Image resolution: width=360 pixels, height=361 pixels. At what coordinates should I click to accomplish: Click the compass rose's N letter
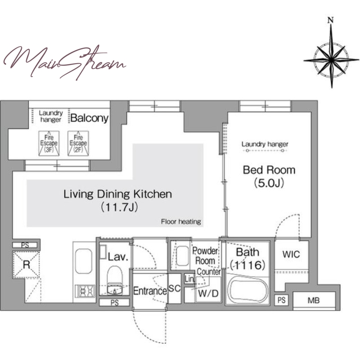click(331, 20)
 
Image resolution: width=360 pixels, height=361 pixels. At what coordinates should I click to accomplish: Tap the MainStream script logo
click(65, 62)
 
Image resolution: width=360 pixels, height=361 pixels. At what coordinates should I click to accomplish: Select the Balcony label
click(89, 118)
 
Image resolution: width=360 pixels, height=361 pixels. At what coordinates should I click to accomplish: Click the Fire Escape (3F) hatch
click(49, 143)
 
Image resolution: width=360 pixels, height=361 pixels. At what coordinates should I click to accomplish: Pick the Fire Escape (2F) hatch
click(78, 143)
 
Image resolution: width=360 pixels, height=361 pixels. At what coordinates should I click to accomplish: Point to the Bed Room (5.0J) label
click(269, 176)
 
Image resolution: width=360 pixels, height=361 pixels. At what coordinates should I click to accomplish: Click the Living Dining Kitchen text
click(118, 194)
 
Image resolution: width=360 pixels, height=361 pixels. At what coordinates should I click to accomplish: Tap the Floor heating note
click(181, 222)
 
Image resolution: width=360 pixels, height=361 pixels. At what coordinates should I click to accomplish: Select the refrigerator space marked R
click(26, 265)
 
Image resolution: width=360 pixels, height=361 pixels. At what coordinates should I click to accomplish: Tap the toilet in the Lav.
click(115, 280)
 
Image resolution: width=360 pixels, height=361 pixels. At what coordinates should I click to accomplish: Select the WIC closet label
click(291, 255)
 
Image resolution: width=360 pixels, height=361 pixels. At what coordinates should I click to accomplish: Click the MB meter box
click(314, 301)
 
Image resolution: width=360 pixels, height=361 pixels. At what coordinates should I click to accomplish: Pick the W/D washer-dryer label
click(208, 293)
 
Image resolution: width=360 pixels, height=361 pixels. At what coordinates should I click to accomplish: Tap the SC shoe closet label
click(174, 288)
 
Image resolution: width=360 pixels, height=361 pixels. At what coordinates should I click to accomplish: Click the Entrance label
click(150, 291)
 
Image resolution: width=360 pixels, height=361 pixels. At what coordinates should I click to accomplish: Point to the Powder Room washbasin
click(182, 256)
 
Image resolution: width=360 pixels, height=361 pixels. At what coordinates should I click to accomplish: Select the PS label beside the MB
click(282, 300)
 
